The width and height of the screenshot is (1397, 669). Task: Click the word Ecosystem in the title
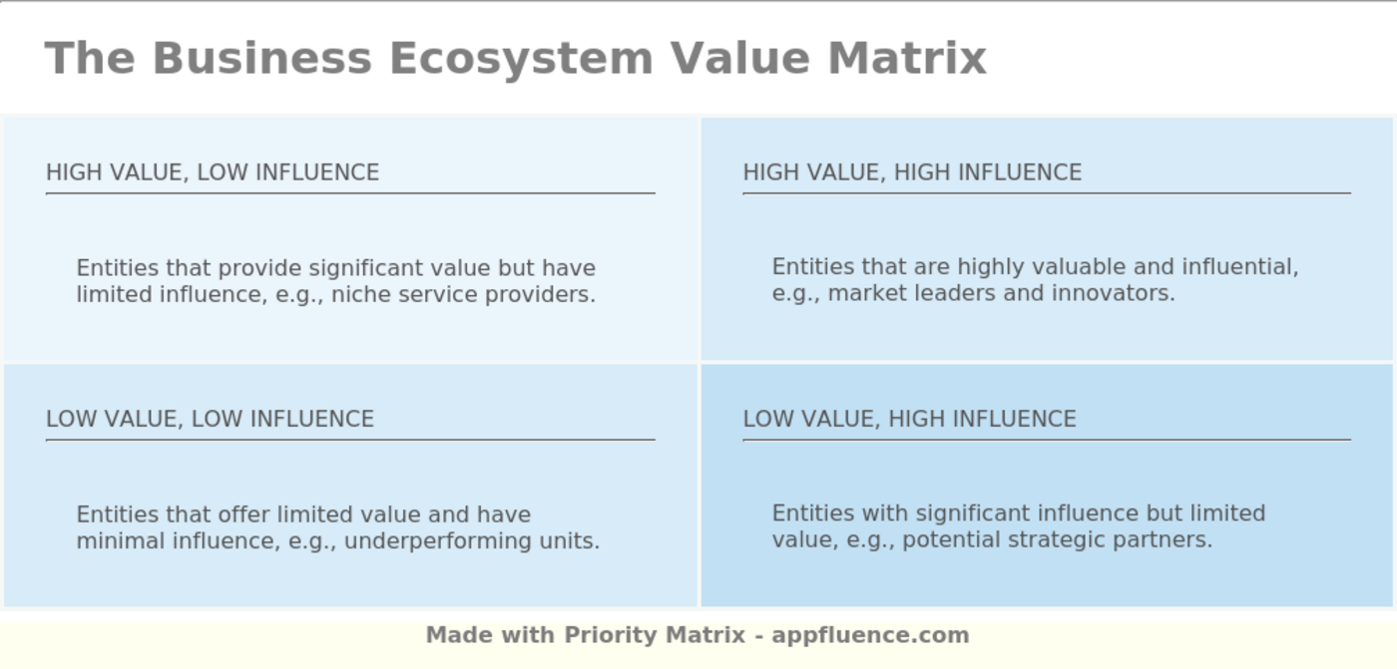pyautogui.click(x=520, y=58)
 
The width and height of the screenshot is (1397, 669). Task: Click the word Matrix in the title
pyautogui.click(x=906, y=58)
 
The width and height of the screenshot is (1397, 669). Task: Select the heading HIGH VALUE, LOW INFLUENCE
pyautogui.click(x=213, y=172)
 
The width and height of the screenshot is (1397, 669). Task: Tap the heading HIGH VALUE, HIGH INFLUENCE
pyautogui.click(x=912, y=172)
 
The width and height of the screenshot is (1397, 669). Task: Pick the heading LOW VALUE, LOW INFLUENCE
pyautogui.click(x=210, y=419)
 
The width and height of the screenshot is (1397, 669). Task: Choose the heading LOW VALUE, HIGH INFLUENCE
pyautogui.click(x=909, y=419)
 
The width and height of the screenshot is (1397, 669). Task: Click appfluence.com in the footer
pyautogui.click(x=870, y=635)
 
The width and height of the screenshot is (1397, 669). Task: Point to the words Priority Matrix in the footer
pyautogui.click(x=655, y=635)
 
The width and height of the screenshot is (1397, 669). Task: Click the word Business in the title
pyautogui.click(x=262, y=58)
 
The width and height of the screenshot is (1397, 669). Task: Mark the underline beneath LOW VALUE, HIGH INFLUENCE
pyautogui.click(x=1046, y=440)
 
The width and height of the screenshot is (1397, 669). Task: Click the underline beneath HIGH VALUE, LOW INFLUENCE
pyautogui.click(x=350, y=193)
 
